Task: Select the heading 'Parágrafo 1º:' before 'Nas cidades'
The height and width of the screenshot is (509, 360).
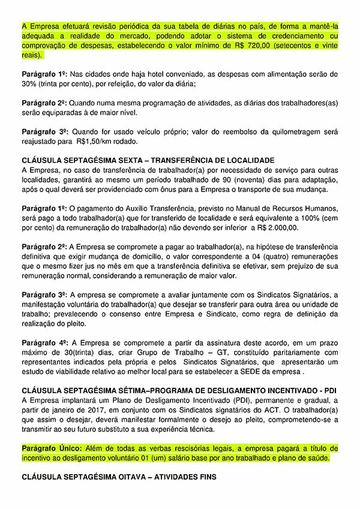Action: (44, 74)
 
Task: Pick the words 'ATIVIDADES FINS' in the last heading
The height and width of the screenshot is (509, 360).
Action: (180, 477)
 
